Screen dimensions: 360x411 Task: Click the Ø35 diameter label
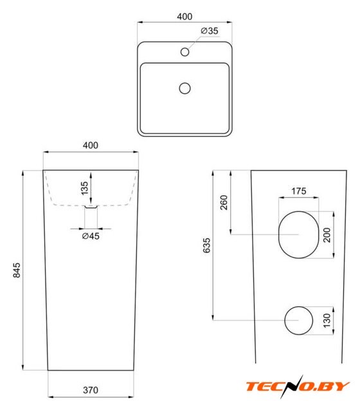pyautogui.click(x=210, y=31)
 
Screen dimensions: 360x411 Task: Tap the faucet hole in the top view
pyautogui.click(x=184, y=52)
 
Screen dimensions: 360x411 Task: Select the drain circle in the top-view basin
pyautogui.click(x=184, y=89)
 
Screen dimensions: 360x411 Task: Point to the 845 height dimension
pyautogui.click(x=17, y=270)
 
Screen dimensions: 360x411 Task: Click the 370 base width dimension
pyautogui.click(x=91, y=390)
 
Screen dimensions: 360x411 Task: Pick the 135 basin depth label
pyautogui.click(x=84, y=188)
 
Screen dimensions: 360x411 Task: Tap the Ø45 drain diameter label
pyautogui.click(x=91, y=236)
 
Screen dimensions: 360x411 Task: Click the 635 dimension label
pyautogui.click(x=207, y=245)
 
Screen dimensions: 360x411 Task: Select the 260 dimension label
pyautogui.click(x=224, y=202)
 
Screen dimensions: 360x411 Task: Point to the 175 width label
pyautogui.click(x=299, y=191)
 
